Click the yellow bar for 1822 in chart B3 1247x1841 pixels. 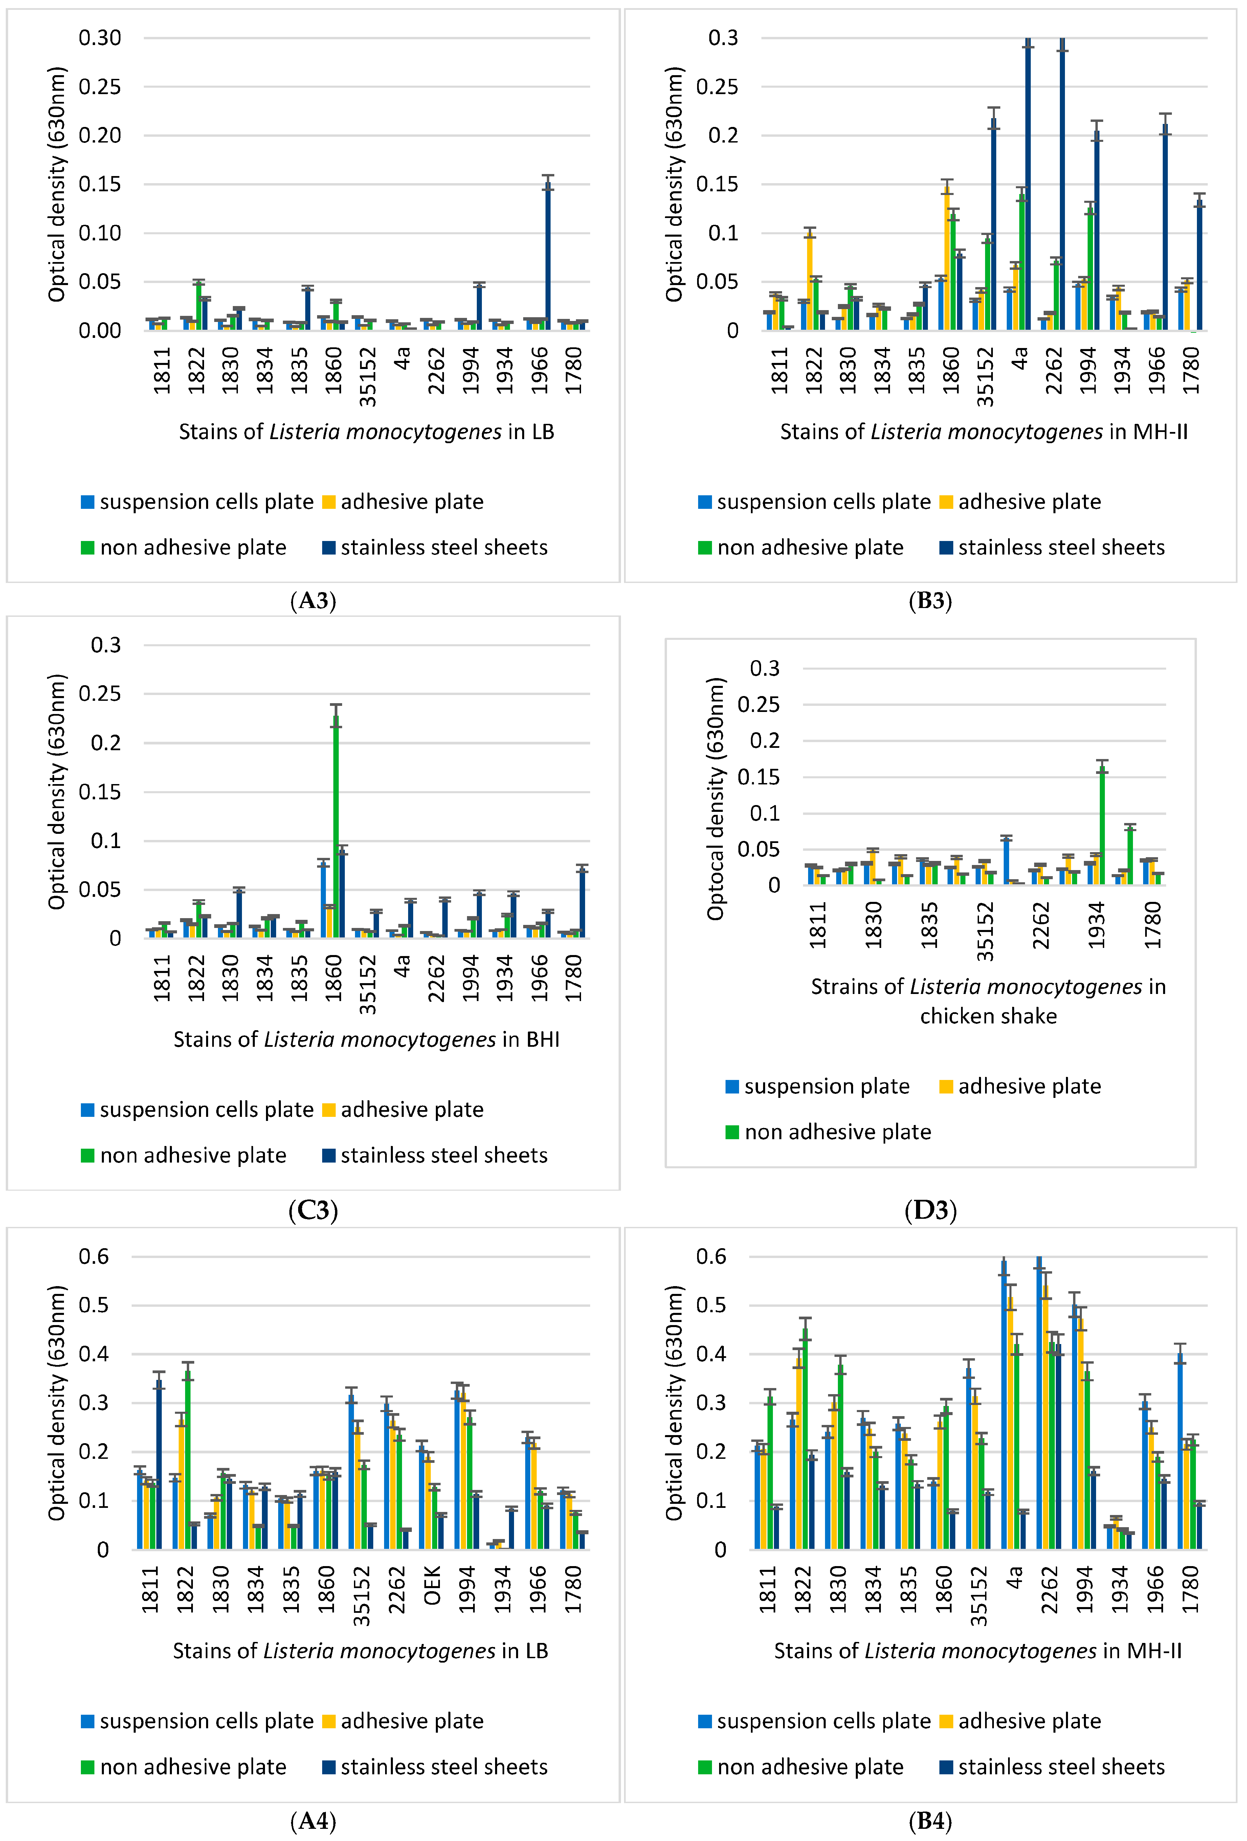click(809, 281)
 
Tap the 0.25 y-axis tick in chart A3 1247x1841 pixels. click(100, 86)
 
